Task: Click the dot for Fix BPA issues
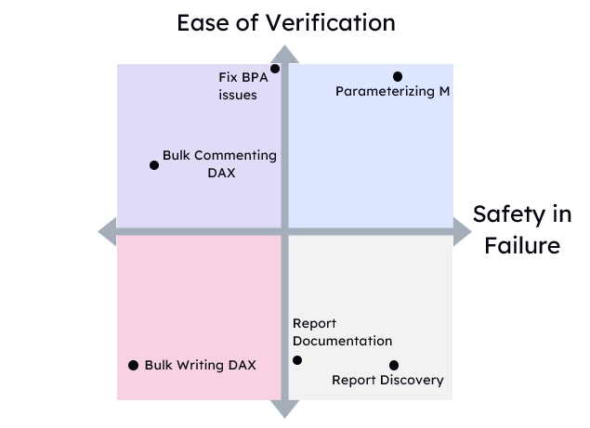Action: click(275, 69)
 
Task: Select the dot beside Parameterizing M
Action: click(398, 76)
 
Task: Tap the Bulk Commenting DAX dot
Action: click(154, 165)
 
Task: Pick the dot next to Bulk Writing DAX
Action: click(133, 365)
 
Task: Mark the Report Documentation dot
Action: click(297, 360)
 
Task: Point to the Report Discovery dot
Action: click(394, 365)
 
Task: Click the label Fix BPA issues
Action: click(243, 86)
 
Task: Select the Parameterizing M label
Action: click(392, 91)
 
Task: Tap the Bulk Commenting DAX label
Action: click(219, 163)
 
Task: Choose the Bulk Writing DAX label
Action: click(200, 365)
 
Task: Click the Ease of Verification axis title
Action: click(286, 21)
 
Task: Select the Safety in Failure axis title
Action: click(521, 229)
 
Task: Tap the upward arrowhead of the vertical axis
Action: click(284, 54)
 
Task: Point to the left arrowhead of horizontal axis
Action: click(107, 230)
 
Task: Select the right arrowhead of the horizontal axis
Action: click(462, 230)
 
